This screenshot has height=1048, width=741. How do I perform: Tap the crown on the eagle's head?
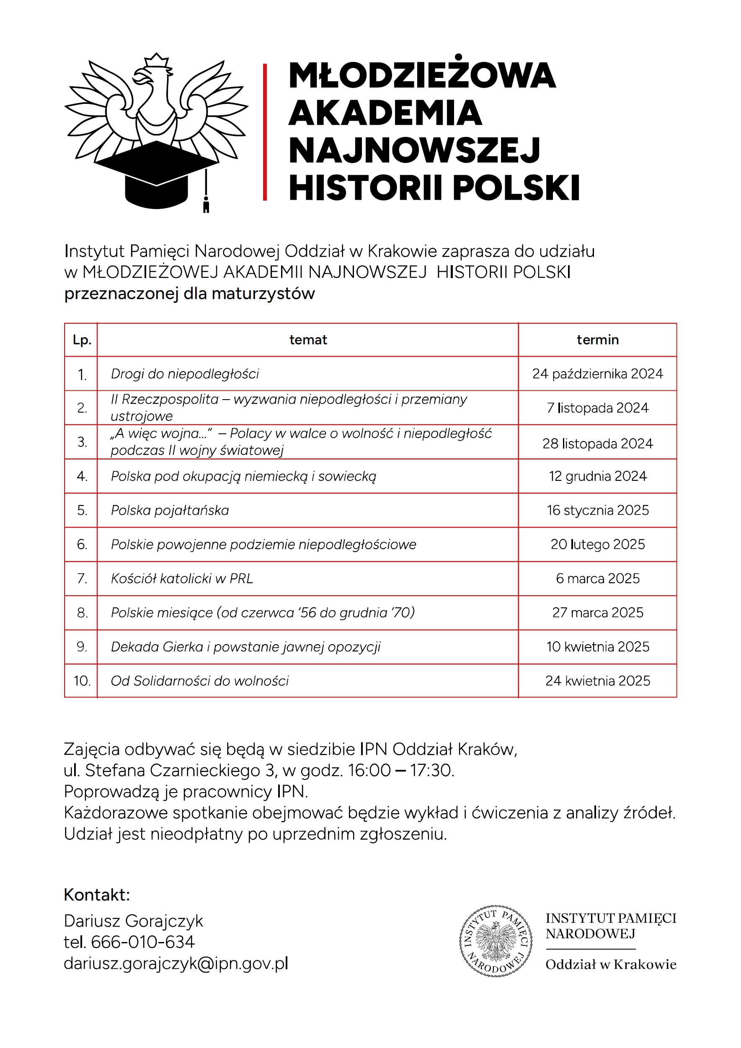click(x=157, y=60)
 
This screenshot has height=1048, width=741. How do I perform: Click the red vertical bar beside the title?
click(x=265, y=132)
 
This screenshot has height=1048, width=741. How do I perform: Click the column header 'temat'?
click(x=308, y=340)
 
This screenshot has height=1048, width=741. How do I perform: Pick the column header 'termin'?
click(x=597, y=340)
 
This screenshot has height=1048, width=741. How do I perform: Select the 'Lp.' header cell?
click(x=82, y=340)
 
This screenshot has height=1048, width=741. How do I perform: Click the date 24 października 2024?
click(x=597, y=374)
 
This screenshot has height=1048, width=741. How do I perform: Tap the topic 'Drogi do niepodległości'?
click(x=185, y=374)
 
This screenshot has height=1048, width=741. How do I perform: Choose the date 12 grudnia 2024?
click(x=597, y=476)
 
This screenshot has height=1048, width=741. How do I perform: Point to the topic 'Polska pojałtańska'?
click(x=170, y=510)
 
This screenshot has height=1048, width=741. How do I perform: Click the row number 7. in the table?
click(x=82, y=578)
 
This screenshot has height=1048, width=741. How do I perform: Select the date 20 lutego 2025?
click(x=597, y=544)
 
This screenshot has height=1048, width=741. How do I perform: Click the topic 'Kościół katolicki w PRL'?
click(x=182, y=578)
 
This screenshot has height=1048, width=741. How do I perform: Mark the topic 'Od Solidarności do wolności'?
click(x=199, y=681)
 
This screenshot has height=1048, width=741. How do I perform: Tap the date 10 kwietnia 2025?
click(x=597, y=647)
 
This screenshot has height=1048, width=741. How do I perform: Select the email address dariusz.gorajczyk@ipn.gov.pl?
click(x=176, y=963)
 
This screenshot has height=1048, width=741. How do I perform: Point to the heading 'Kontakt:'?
click(x=97, y=895)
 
